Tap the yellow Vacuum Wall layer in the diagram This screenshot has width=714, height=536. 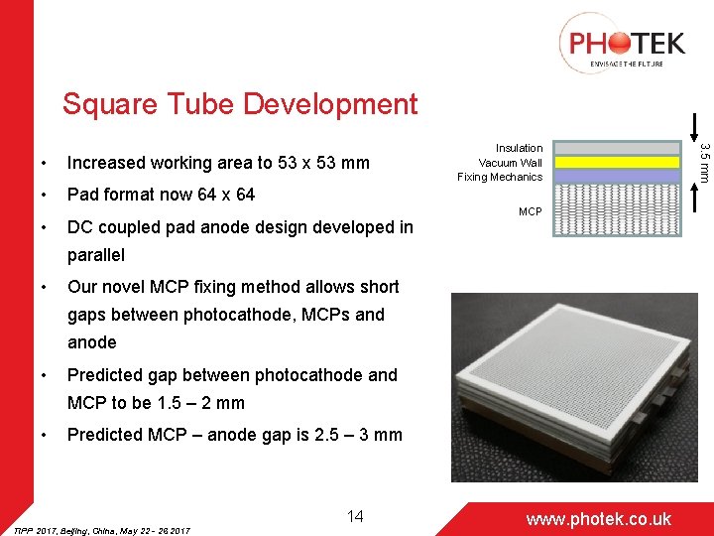point(616,162)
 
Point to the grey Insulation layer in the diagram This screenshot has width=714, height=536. point(616,149)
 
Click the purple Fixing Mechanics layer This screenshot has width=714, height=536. point(616,176)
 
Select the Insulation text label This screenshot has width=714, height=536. point(519,148)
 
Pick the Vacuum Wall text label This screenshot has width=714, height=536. point(510,163)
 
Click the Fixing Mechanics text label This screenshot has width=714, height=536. point(500,177)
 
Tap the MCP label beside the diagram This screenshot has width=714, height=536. point(531,211)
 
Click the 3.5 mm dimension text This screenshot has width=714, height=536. point(703,161)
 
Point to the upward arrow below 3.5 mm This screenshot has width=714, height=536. point(701,199)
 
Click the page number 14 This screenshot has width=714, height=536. point(355,515)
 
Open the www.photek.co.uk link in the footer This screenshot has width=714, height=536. point(598,519)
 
